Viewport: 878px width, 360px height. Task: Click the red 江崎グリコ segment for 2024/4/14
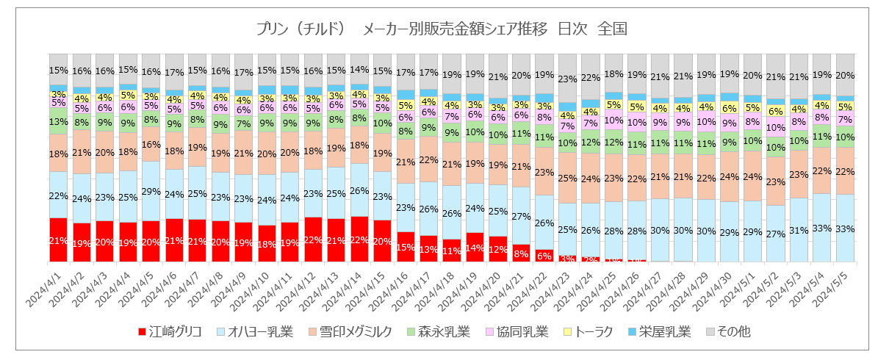(x=360, y=240)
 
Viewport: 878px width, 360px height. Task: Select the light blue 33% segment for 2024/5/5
(x=845, y=228)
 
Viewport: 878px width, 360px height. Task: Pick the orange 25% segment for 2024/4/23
(x=567, y=178)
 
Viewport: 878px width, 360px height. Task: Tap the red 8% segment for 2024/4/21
(x=521, y=253)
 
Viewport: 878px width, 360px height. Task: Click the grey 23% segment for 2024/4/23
(x=567, y=79)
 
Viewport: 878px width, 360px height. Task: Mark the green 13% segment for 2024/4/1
(x=59, y=122)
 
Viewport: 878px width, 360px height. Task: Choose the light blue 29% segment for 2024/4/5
(x=151, y=191)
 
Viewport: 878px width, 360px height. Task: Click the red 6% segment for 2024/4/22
(x=544, y=256)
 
